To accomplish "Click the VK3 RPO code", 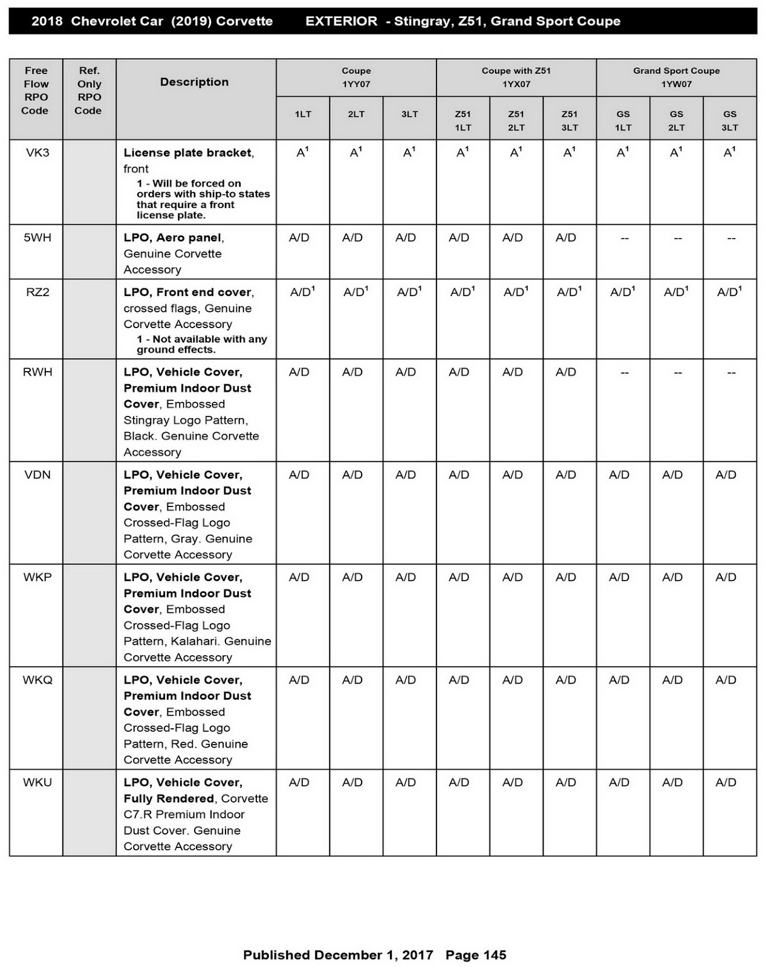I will (37, 153).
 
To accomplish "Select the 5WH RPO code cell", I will (37, 238).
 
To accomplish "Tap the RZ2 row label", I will (37, 293).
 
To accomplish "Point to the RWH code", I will (37, 372).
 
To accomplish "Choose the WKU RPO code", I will (37, 783).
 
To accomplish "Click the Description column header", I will (194, 82).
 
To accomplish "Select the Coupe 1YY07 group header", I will (356, 77).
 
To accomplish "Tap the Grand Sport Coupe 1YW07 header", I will (676, 77).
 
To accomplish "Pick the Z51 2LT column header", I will (516, 120).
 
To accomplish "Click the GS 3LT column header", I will (730, 120).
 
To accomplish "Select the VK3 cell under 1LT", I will (302, 153).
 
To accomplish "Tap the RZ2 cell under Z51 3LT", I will (569, 293).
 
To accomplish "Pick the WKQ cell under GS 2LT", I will (672, 680).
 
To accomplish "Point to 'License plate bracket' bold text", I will (187, 153).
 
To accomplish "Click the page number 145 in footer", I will (494, 955).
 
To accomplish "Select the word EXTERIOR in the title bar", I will (341, 21).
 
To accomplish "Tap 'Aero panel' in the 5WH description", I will (189, 238).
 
